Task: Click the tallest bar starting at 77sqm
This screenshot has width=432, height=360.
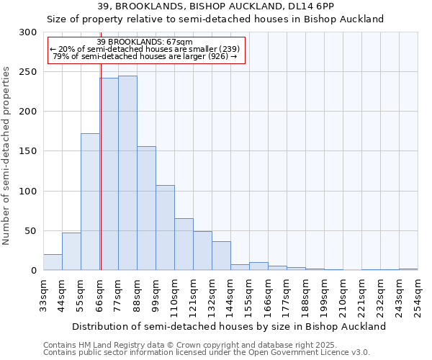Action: (x=127, y=173)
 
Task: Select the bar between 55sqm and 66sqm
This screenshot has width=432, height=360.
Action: (x=90, y=202)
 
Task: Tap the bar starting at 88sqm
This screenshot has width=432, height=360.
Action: (x=146, y=208)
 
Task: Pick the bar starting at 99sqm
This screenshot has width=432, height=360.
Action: (x=165, y=228)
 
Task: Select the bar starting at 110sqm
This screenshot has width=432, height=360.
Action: (x=184, y=244)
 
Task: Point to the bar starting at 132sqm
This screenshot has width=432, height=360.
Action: (x=221, y=256)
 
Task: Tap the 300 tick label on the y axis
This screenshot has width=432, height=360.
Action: (x=28, y=32)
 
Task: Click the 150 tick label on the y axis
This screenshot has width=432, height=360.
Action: (x=28, y=151)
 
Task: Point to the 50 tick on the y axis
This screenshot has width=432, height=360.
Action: (x=31, y=231)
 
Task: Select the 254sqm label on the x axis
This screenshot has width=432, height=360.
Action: (x=418, y=295)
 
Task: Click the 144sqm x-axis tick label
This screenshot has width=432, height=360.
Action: (x=230, y=295)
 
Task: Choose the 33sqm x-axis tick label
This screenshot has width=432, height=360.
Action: (x=43, y=295)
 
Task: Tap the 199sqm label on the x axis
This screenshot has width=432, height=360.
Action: (x=324, y=295)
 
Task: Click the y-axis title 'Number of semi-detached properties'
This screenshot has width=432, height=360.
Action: (x=7, y=155)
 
